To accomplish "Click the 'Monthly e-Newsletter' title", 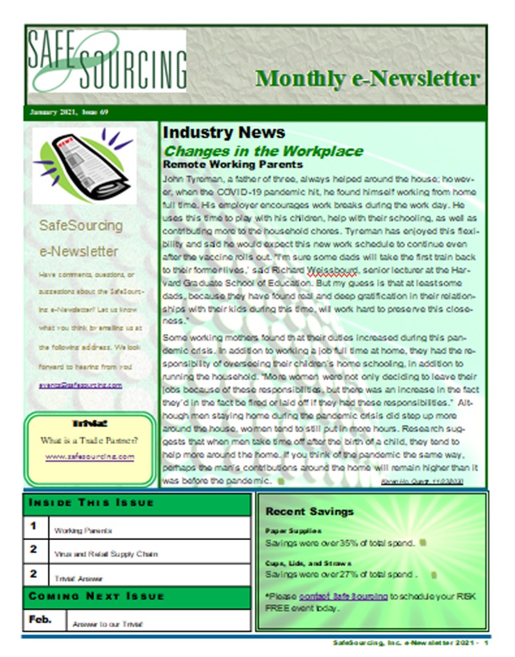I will point(367,78).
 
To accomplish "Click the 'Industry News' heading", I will point(224,133).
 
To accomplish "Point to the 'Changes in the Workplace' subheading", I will point(263,151).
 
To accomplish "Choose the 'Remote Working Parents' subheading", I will point(232,164).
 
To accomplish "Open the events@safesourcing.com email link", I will point(80,385).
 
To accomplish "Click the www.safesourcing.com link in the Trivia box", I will point(90,457).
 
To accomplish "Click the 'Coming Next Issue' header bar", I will point(96,596).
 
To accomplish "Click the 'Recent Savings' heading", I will point(309,512).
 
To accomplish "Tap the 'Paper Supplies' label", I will point(284,532).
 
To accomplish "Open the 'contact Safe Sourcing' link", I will point(343,596).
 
